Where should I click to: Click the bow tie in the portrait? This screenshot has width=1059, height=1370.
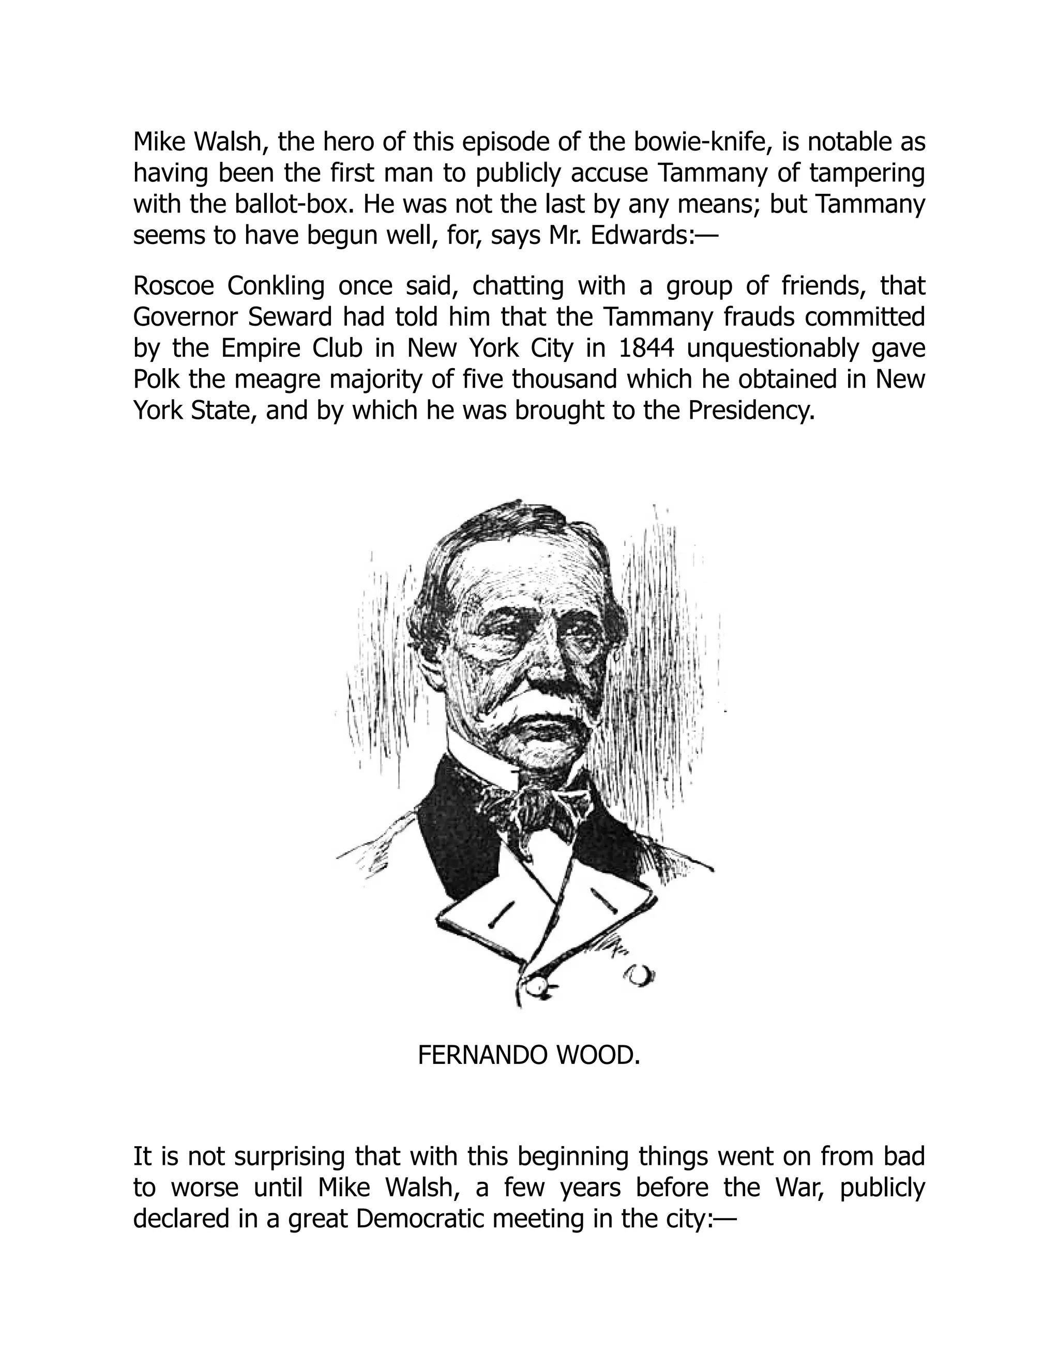point(533,809)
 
